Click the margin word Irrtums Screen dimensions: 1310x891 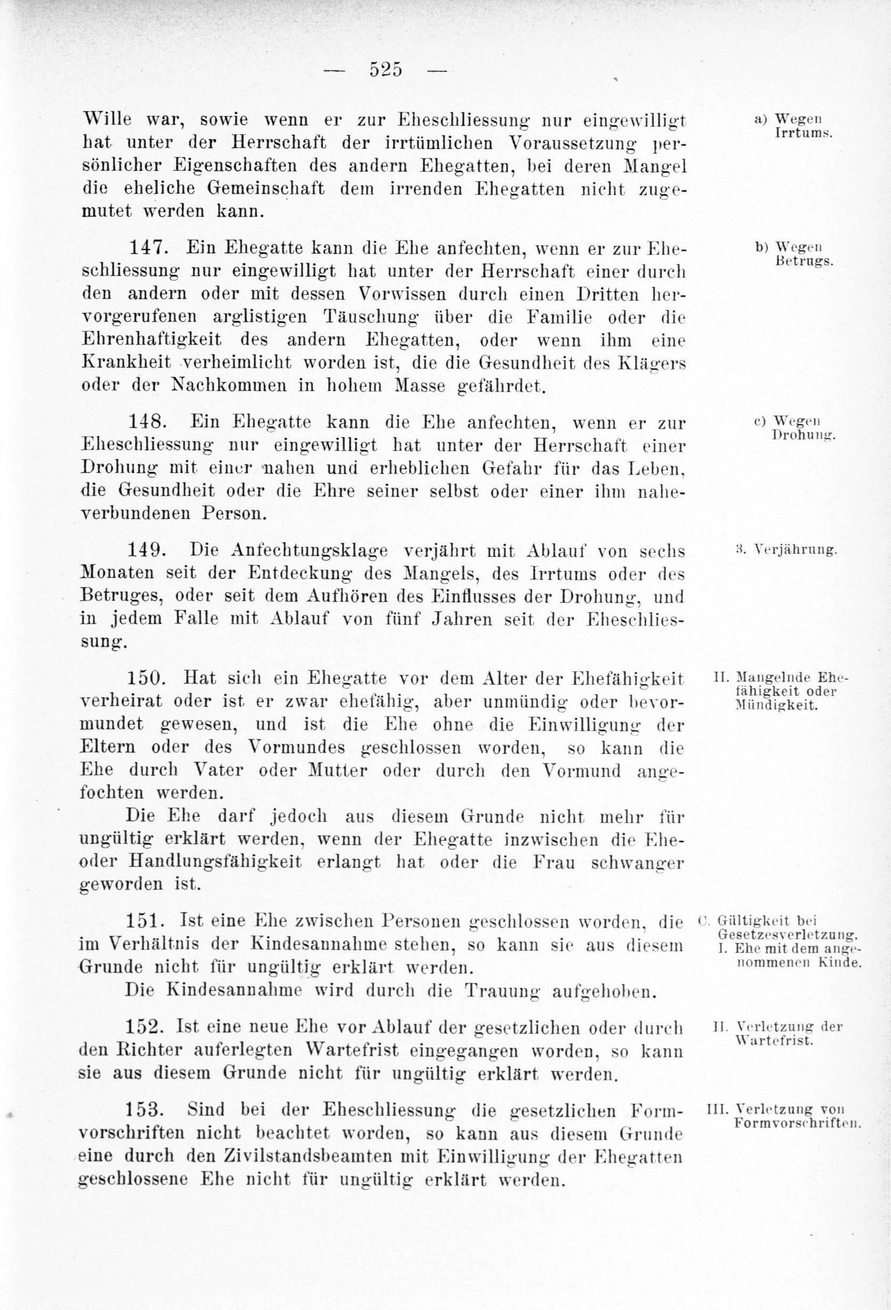coord(800,134)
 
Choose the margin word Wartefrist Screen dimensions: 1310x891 coord(775,1039)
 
